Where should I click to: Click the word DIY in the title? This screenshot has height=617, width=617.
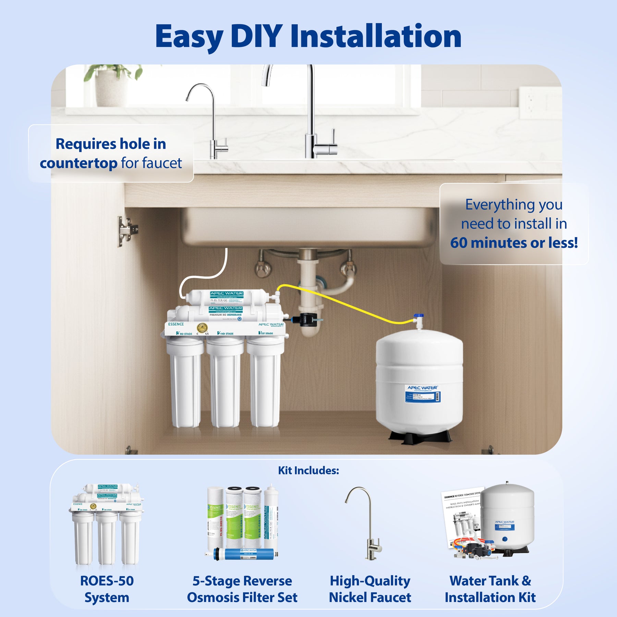[x=256, y=36]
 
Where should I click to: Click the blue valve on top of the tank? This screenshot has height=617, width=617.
[x=419, y=316]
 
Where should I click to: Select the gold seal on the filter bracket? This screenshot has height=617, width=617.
[x=202, y=328]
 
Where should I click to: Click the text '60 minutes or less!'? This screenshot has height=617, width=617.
[x=514, y=243]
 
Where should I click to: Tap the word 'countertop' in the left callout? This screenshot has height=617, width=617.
[x=78, y=164]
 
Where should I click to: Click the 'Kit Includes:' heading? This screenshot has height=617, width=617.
[x=308, y=470]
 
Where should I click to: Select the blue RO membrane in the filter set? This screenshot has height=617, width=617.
[x=244, y=554]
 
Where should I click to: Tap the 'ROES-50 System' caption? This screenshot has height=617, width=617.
[x=107, y=589]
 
